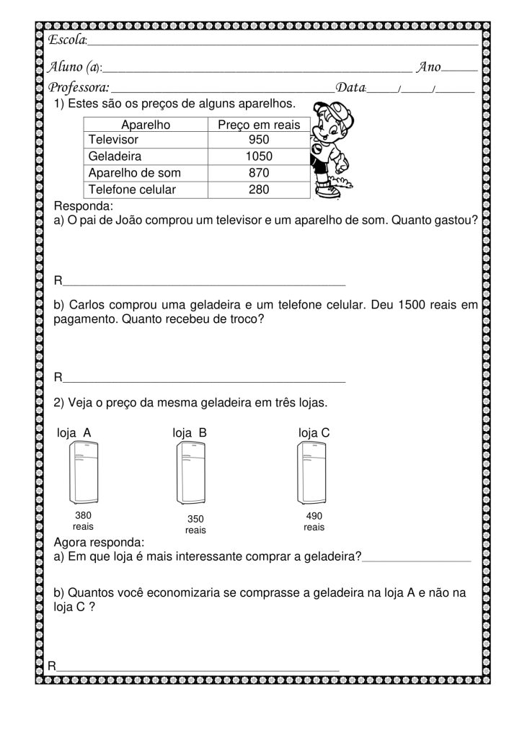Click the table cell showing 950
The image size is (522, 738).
pyautogui.click(x=258, y=140)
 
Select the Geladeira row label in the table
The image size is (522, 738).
pyautogui.click(x=115, y=156)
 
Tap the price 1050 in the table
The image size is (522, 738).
pyautogui.click(x=258, y=156)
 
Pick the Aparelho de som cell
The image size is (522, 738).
pyautogui.click(x=134, y=173)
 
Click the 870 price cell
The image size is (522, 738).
pyautogui.click(x=258, y=173)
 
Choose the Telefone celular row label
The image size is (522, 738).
pyautogui.click(x=131, y=190)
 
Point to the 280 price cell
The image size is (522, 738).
pyautogui.click(x=258, y=190)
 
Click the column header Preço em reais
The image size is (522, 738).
pyautogui.click(x=259, y=125)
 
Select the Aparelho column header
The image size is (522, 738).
pyautogui.click(x=146, y=125)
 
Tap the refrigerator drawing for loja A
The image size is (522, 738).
pyautogui.click(x=84, y=473)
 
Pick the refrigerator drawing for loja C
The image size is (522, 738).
pyautogui.click(x=313, y=473)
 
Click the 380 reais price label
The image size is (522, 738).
pyautogui.click(x=84, y=521)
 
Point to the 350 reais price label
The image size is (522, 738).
pyautogui.click(x=195, y=524)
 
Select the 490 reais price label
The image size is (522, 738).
pyautogui.click(x=314, y=521)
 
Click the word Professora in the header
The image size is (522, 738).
pyautogui.click(x=78, y=88)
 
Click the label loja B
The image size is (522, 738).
pyautogui.click(x=190, y=432)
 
